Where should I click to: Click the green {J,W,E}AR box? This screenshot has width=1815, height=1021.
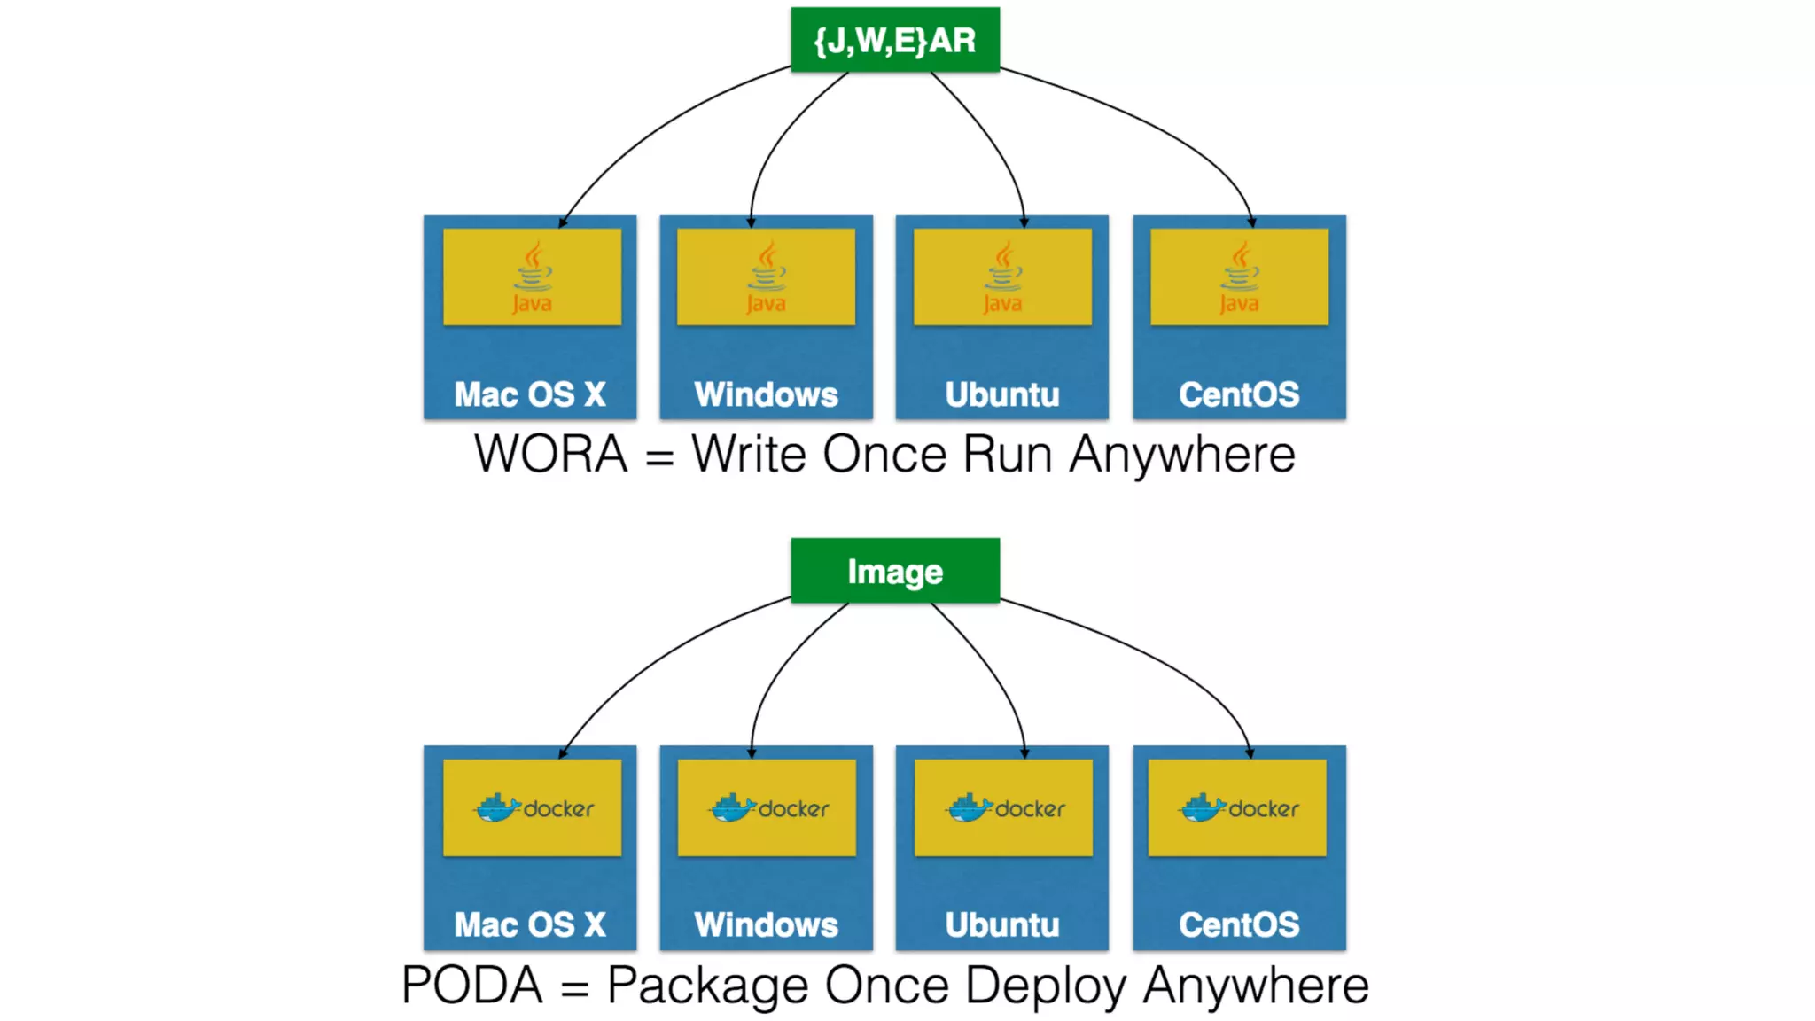tap(895, 40)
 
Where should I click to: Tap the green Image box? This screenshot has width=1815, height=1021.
tap(895, 571)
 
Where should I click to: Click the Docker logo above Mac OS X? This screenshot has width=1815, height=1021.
tap(534, 807)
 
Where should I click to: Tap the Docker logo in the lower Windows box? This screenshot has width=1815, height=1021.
tap(767, 807)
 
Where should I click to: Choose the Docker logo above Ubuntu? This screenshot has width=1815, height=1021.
tap(1004, 807)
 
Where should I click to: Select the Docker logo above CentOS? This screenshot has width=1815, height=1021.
tap(1238, 807)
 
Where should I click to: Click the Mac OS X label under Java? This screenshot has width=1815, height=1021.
tap(530, 394)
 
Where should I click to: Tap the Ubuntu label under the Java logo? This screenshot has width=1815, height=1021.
tap(1002, 394)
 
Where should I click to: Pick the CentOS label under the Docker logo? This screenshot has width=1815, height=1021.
tap(1239, 924)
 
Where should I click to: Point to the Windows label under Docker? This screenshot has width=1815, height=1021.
tap(766, 924)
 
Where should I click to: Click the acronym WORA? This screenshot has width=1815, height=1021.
tap(550, 455)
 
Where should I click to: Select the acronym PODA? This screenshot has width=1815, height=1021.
tap(471, 985)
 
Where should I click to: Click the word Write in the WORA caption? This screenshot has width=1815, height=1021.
tap(749, 455)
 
